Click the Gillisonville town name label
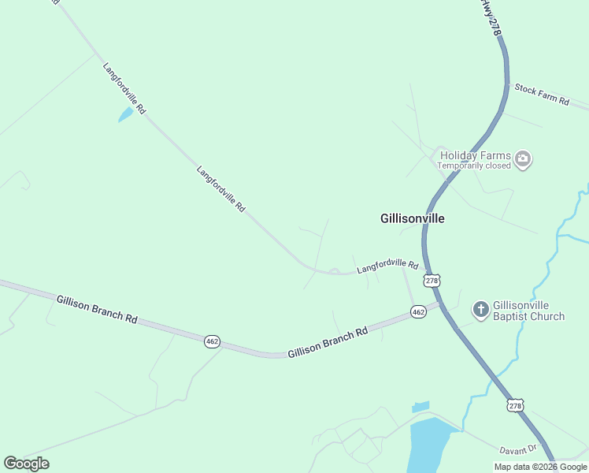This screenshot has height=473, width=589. pos(412,218)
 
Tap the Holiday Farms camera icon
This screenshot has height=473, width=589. pos(522,160)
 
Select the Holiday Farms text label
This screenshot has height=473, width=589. pos(475,155)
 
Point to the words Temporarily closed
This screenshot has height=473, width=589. pos(474,166)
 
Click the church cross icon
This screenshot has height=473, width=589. pos(480,308)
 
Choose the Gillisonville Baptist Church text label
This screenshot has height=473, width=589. pos(528,311)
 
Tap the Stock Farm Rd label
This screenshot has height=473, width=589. pos(542,93)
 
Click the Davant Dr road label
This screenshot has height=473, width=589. pos(517,449)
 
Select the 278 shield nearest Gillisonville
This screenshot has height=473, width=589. pos(431,280)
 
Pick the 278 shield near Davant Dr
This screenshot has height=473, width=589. pos(515,405)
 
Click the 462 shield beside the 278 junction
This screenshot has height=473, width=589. pos(418,313)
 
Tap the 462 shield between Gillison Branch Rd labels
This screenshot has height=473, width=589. pos(212,341)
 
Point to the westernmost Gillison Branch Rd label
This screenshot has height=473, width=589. pos(97,308)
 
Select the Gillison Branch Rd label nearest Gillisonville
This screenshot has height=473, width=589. pos(328,344)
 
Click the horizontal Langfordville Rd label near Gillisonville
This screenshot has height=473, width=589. pos(387,266)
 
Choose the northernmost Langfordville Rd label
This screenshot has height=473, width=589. pos(124,89)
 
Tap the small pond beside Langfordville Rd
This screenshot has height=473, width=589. pos(125,115)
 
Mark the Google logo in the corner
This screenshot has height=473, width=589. pos(26,464)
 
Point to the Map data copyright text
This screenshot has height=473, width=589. pos(541,467)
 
